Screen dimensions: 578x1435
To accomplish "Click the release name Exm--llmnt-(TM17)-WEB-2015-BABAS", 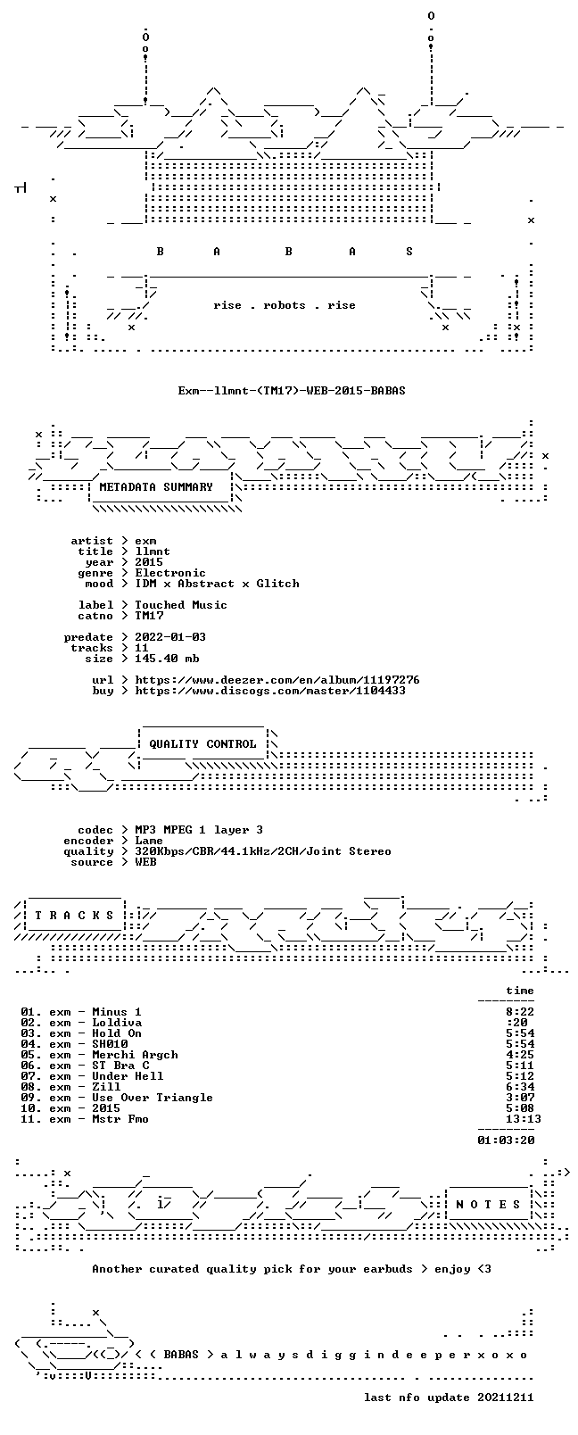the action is pos(292,391).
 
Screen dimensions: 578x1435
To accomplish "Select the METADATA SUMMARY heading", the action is pos(155,487).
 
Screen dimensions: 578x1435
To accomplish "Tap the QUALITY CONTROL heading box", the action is pos(202,743).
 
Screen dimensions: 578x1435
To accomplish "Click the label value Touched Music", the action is pos(180,605).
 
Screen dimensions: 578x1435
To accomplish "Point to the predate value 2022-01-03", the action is pos(170,637).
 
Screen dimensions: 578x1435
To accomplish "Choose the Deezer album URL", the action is pos(277,680).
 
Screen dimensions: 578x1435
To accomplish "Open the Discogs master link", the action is pos(270,691).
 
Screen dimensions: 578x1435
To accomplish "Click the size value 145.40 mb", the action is pos(167,659).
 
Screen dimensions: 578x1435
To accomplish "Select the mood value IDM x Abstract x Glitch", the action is pos(217,584).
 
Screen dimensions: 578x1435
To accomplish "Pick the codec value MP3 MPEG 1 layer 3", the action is pos(198,830).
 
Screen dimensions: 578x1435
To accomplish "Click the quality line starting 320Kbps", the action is pos(262,851).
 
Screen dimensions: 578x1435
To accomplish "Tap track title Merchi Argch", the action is pos(135,1055).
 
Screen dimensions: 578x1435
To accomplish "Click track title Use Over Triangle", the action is pos(153,1098).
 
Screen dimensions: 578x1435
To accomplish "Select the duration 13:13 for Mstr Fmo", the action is pos(523,1119).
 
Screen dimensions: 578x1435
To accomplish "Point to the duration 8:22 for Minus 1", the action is pos(520,1012).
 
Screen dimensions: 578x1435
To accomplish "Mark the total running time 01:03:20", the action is pos(506,1141).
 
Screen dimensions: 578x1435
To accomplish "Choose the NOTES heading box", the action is pos(489,1205).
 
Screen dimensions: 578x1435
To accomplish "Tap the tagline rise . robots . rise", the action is pos(285,305).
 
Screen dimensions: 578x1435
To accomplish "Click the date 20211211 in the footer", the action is pos(506,1398).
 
